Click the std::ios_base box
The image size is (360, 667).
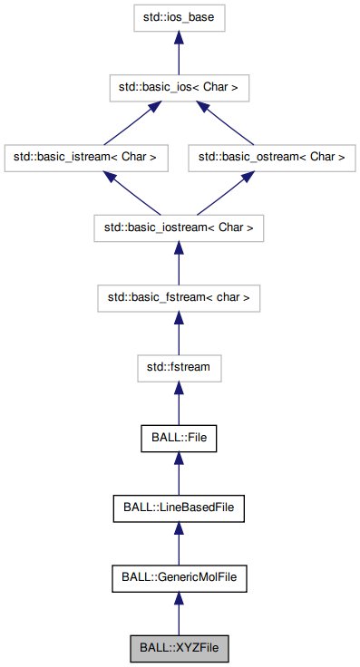pyautogui.click(x=179, y=17)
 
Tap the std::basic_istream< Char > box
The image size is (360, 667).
pyautogui.click(x=85, y=157)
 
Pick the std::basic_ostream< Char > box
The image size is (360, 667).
pyautogui.click(x=272, y=157)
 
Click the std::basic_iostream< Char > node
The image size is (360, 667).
pyautogui.click(x=179, y=227)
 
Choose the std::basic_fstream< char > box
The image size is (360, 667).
pyautogui.click(x=179, y=296)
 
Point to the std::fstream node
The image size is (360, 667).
pyautogui.click(x=179, y=367)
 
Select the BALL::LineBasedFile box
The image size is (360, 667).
pyautogui.click(x=179, y=507)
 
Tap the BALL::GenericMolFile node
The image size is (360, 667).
pyautogui.click(x=179, y=576)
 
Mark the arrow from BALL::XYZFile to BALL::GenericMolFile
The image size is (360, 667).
pyautogui.click(x=179, y=612)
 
